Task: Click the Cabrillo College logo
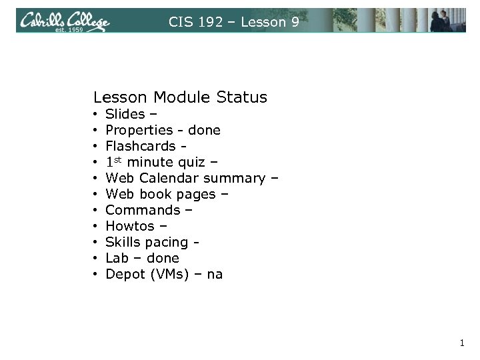64,20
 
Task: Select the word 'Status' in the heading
242,97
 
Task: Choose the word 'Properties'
137,130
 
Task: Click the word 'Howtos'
130,226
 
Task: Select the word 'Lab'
117,258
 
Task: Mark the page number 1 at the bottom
461,344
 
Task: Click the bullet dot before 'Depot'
96,274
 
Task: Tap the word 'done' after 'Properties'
204,130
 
